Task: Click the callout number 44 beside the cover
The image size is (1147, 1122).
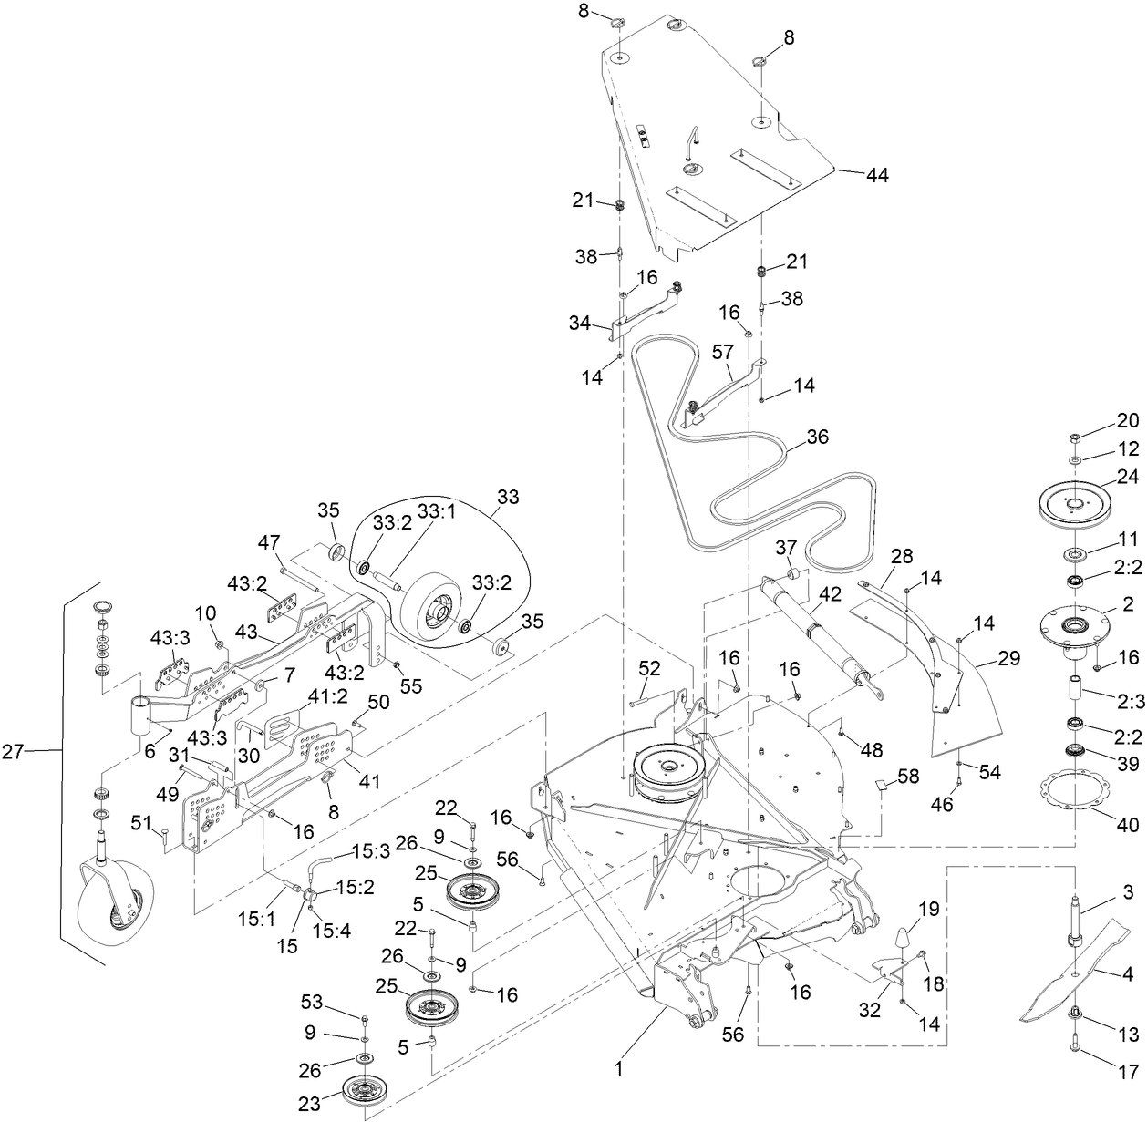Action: pyautogui.click(x=876, y=175)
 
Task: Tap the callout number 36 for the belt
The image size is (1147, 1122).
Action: pyautogui.click(x=817, y=437)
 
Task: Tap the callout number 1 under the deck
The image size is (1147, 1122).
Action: pyautogui.click(x=619, y=1069)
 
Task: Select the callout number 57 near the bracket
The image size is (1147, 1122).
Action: pyautogui.click(x=722, y=351)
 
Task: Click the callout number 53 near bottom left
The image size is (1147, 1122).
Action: pyautogui.click(x=311, y=1004)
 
